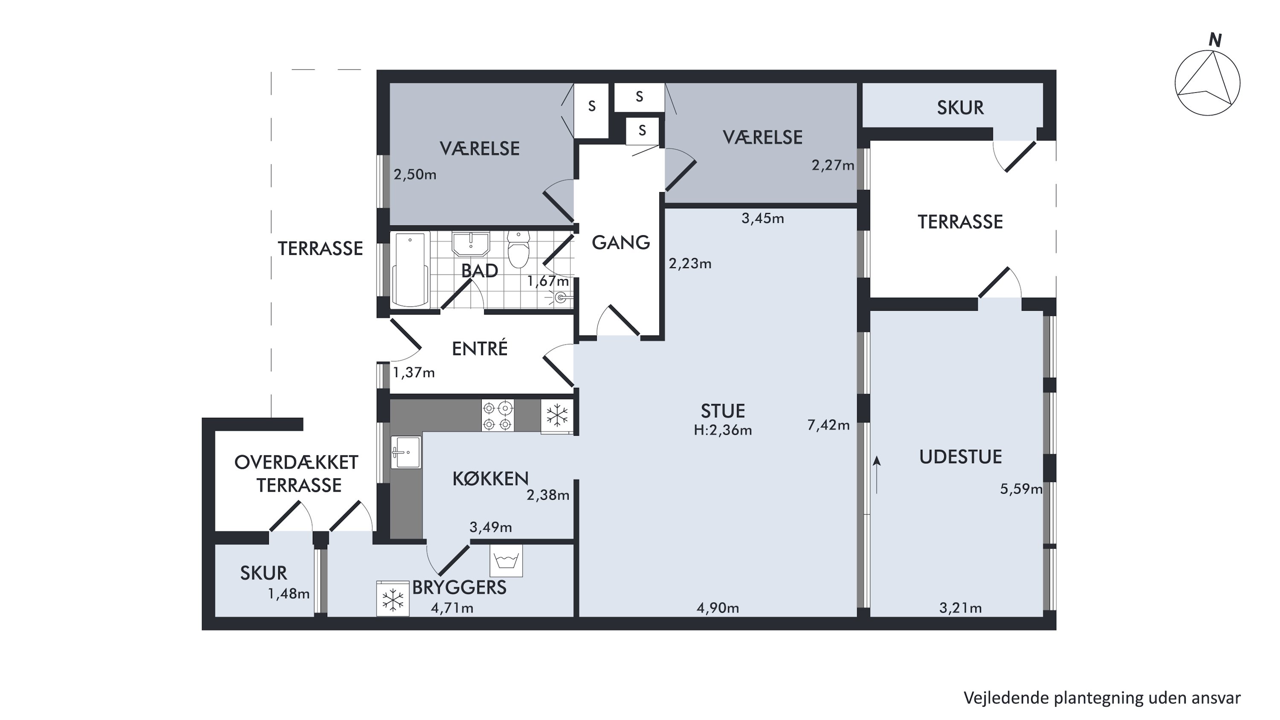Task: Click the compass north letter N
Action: point(1215,40)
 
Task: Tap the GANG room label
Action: point(621,242)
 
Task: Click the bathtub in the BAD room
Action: point(410,270)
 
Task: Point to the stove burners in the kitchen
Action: point(497,415)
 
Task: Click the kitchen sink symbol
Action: point(405,452)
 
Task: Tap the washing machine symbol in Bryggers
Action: point(506,560)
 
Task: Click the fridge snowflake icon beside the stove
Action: point(557,415)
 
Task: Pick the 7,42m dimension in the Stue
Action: point(828,425)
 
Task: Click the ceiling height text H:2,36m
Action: point(722,430)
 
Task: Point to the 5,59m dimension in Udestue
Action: point(1021,490)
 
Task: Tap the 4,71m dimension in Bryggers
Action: point(452,608)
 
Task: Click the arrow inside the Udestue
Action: point(877,475)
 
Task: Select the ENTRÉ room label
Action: point(480,348)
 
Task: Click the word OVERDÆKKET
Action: point(296,463)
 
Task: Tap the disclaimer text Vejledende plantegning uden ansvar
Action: point(1102,698)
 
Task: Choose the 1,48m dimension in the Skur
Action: point(289,594)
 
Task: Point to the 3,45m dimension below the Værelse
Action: point(763,218)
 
